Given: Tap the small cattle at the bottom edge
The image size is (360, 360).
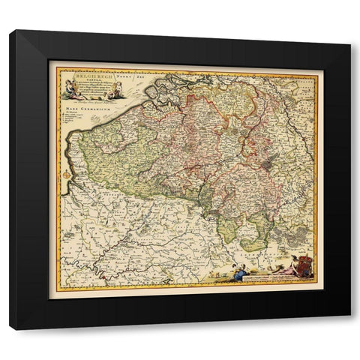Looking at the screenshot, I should (x=217, y=277).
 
